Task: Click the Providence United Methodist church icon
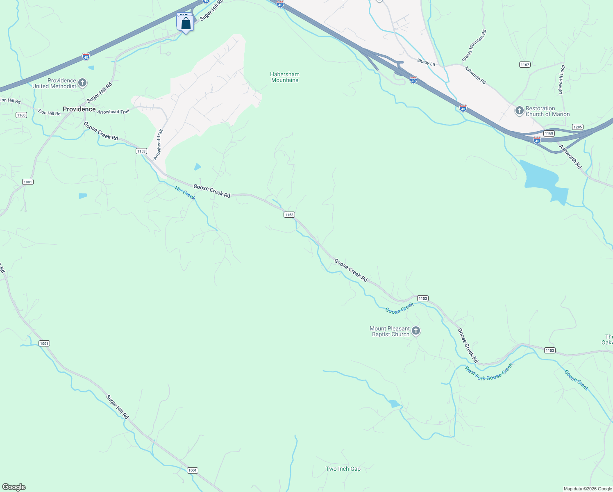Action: (82, 83)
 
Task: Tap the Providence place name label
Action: (79, 109)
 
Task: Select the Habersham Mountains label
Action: (285, 77)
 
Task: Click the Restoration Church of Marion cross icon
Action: (519, 111)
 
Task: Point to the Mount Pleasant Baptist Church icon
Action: (416, 331)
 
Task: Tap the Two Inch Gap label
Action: (343, 469)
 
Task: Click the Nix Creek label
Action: (185, 193)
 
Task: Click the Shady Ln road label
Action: (426, 62)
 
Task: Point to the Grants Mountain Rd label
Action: (474, 46)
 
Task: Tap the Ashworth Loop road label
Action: (562, 80)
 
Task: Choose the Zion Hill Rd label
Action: (49, 113)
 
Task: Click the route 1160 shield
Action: (21, 115)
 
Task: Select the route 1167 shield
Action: (524, 65)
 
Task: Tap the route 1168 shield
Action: (549, 133)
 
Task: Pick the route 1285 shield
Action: (578, 127)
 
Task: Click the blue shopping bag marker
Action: (186, 24)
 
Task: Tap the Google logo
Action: (14, 487)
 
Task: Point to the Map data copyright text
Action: (588, 489)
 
